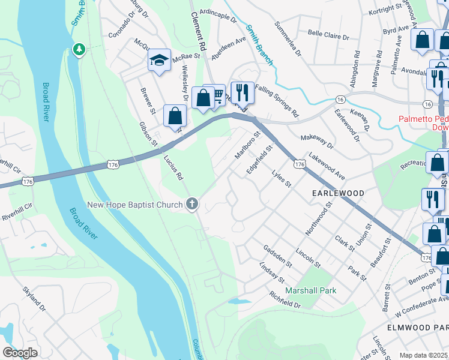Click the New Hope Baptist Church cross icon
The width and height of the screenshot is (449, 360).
point(192,205)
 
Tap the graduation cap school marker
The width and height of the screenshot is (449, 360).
point(159,61)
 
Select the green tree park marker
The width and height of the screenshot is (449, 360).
point(78,49)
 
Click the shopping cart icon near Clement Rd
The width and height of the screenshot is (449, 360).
point(217,95)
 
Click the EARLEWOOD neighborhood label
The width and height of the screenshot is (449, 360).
point(338,193)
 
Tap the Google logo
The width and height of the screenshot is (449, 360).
point(20,353)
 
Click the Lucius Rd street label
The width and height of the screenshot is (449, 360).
point(173,167)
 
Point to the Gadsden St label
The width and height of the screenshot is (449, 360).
point(277,256)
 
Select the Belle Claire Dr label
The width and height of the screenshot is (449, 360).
point(328,35)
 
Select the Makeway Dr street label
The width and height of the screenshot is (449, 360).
point(317,142)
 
